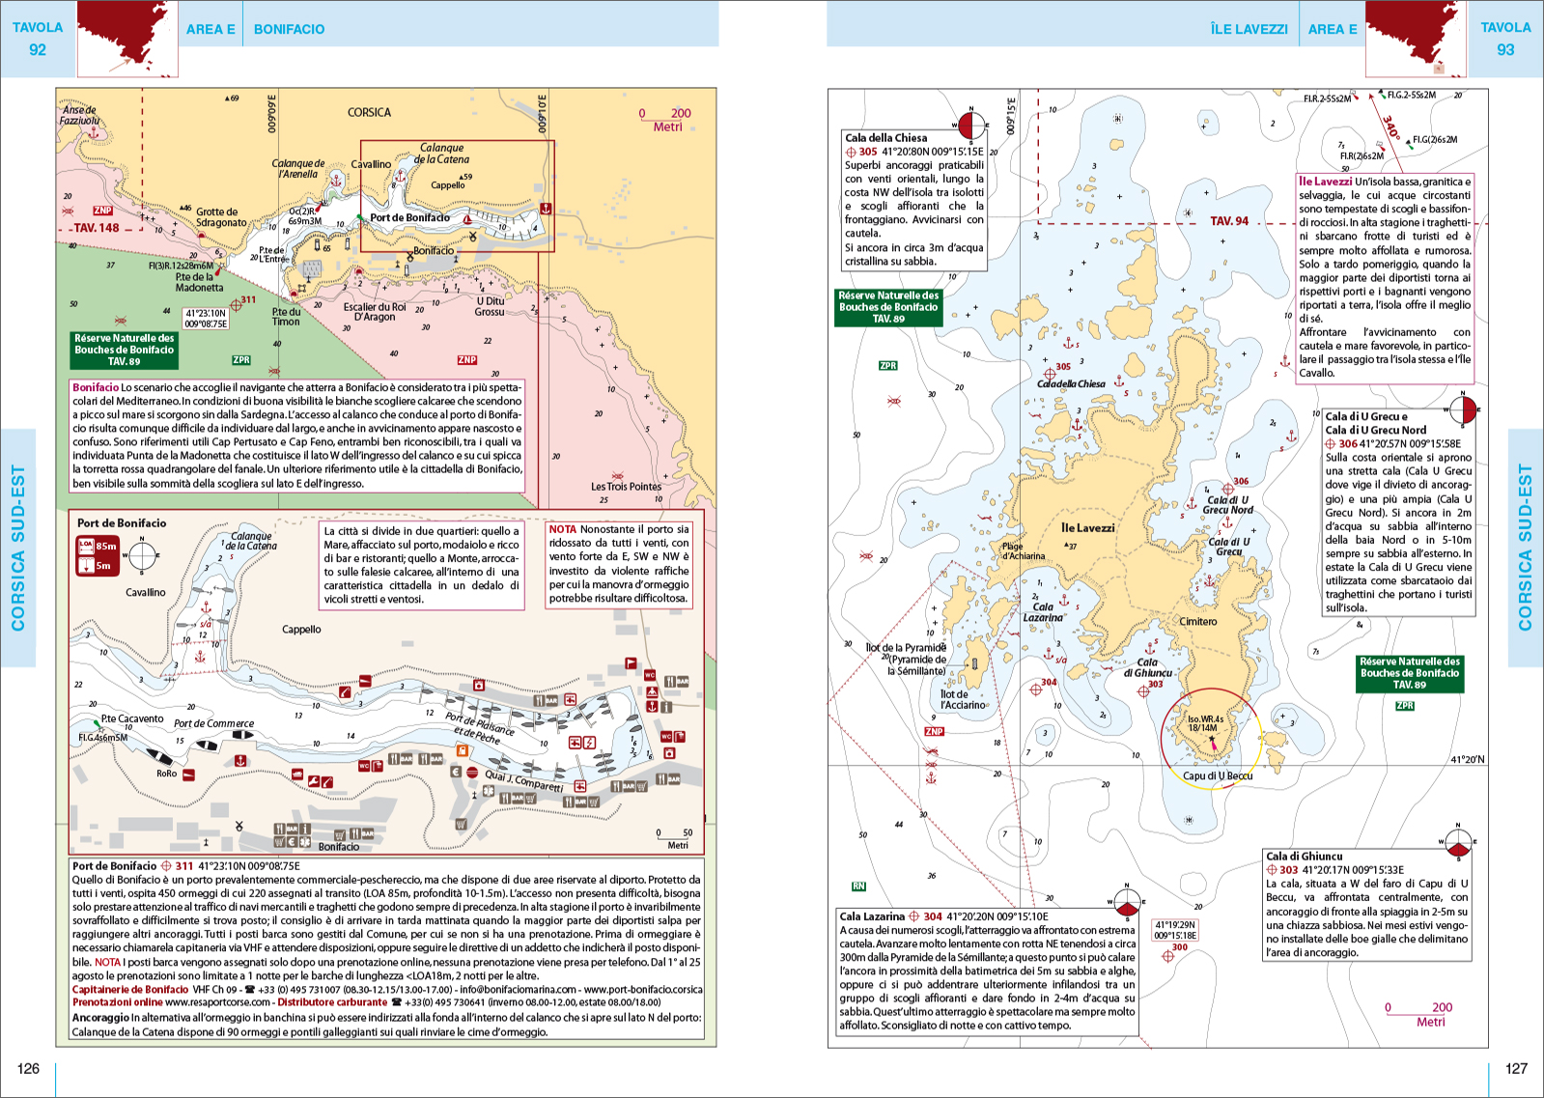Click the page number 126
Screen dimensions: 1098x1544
tap(28, 1068)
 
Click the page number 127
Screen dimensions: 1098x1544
tap(1516, 1068)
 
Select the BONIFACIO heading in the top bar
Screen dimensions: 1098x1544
tap(289, 29)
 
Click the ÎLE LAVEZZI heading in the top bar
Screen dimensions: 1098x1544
tap(1249, 29)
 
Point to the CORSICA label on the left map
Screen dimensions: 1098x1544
tap(369, 113)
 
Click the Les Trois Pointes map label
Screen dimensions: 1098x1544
tap(626, 487)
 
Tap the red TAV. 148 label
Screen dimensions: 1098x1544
tap(97, 229)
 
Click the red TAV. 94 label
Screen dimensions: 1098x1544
tap(1229, 221)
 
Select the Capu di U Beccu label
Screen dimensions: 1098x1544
tap(1218, 775)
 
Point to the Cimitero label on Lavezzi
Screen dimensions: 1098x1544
tap(1197, 622)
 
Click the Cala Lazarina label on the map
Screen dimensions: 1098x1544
tap(1043, 612)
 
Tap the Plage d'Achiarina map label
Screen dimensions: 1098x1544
tap(1023, 551)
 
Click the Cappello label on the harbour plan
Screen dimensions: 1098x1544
tap(301, 630)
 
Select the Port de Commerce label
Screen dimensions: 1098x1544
tap(213, 723)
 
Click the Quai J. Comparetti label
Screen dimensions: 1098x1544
tap(523, 780)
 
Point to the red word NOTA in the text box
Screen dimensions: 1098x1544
tap(563, 529)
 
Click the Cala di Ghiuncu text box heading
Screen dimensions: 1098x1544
tap(1304, 856)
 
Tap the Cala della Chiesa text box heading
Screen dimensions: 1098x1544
tap(885, 138)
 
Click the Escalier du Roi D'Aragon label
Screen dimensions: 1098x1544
tap(375, 312)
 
